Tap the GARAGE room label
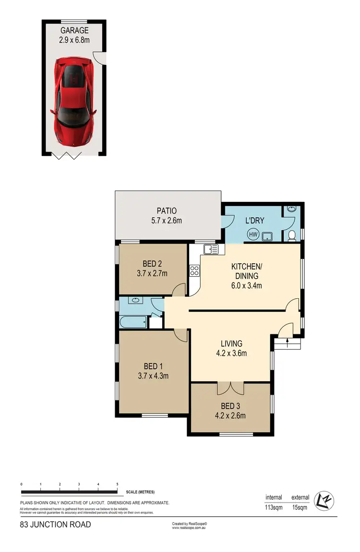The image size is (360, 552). [x=74, y=30]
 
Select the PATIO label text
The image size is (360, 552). [x=167, y=211]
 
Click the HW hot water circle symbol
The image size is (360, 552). [x=252, y=235]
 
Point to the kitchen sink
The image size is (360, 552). [x=210, y=249]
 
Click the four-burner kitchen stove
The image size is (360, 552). [x=194, y=270]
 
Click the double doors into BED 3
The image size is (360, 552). [x=230, y=387]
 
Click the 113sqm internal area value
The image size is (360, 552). [x=274, y=506]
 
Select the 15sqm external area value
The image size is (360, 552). [x=300, y=506]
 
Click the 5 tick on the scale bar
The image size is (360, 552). [x=117, y=484]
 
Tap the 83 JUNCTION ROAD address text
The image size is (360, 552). [x=55, y=525]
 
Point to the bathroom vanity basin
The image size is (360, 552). [x=135, y=301]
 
